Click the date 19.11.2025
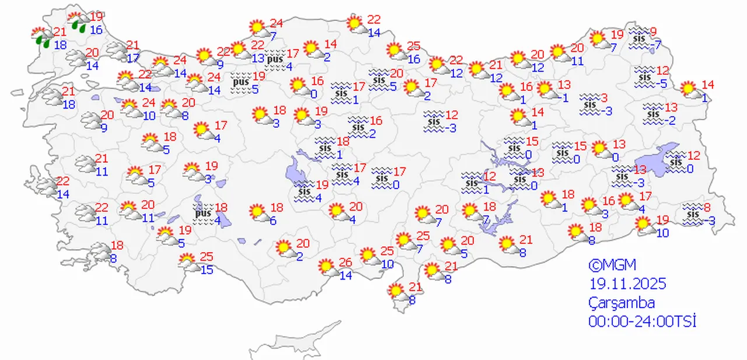click(627, 284)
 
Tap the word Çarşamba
click(622, 303)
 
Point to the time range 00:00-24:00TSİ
click(643, 321)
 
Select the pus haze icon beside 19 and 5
click(241, 82)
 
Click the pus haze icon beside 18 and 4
click(203, 214)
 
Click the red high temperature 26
click(345, 263)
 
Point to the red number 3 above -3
click(605, 97)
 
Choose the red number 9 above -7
click(653, 32)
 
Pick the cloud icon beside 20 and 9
click(92, 121)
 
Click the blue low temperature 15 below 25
click(207, 270)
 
